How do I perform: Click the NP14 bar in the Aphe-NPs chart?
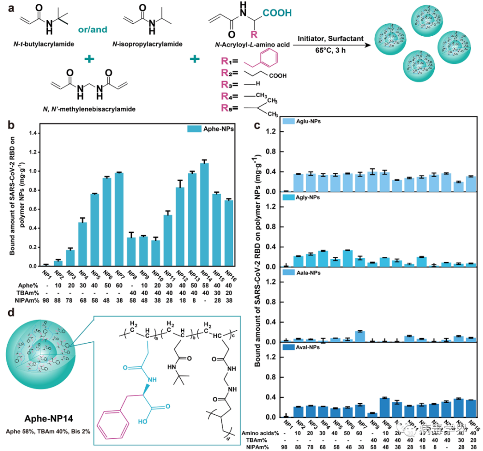point(204,215)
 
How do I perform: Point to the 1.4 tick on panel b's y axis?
point(34,133)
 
